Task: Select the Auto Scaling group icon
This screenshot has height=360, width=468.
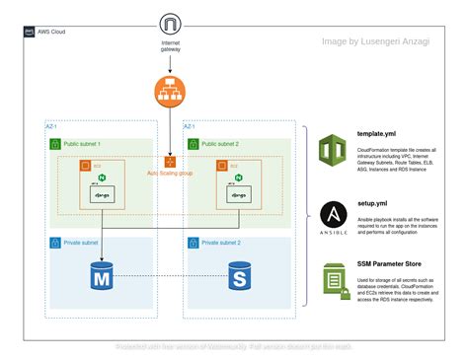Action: click(170, 161)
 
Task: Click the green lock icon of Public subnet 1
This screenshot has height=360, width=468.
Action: click(55, 144)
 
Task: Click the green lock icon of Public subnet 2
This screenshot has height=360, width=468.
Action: click(192, 144)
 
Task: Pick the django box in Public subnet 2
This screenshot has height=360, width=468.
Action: click(237, 195)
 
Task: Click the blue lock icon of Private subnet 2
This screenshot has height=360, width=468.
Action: click(192, 241)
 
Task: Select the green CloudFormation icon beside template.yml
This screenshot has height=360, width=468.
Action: click(332, 151)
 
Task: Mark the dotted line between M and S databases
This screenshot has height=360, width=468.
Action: click(170, 275)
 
